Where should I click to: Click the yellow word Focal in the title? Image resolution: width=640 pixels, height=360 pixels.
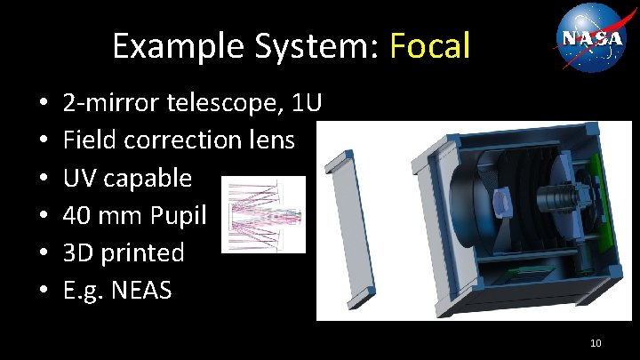click(429, 46)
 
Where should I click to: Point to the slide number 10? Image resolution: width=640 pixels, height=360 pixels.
click(596, 342)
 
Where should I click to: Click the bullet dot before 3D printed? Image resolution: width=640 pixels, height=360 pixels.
click(44, 253)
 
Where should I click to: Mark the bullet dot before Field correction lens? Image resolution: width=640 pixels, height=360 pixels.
click(44, 141)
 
